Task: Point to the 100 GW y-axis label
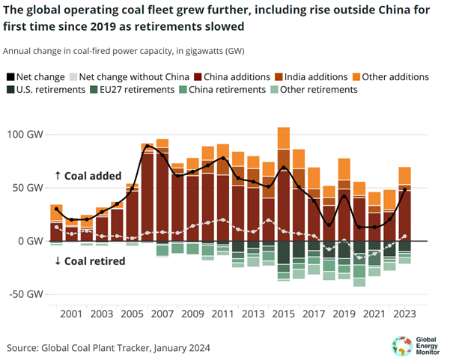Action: point(25,135)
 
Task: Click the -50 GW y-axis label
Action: point(25,294)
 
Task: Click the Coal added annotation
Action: point(91,175)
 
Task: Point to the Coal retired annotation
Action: point(89,261)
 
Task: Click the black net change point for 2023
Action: point(405,190)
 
